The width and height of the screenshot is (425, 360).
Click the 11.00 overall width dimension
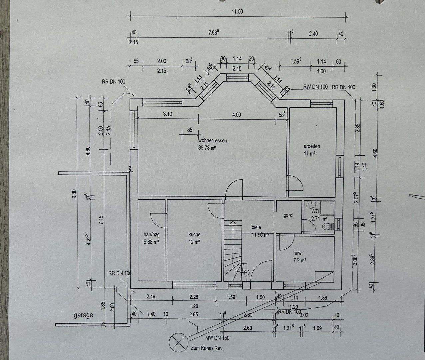tap(237, 11)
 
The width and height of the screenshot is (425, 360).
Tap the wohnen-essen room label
tap(213, 141)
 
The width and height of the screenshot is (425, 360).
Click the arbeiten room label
tap(312, 146)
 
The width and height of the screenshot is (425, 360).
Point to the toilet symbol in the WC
tap(327, 226)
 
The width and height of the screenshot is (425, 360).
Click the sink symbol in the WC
tap(311, 204)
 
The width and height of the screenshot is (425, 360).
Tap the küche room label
tap(194, 234)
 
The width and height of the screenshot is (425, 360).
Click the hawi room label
tap(298, 253)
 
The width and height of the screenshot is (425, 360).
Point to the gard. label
tap(288, 215)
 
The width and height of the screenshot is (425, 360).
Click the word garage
tap(83, 315)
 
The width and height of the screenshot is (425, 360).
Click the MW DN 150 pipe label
tap(217, 338)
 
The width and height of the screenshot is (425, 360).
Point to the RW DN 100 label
tap(315, 87)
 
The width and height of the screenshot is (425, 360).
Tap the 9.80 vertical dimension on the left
tap(74, 193)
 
